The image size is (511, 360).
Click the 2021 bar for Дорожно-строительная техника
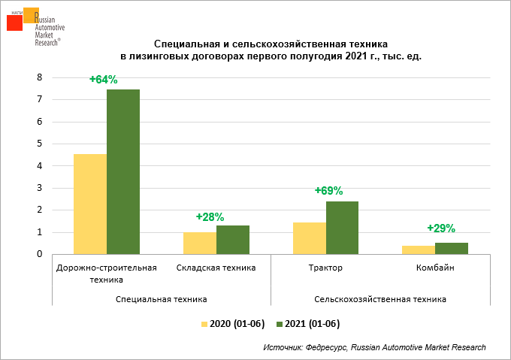click(x=122, y=171)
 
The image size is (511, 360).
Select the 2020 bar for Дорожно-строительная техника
click(x=89, y=204)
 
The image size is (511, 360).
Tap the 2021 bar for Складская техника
click(x=233, y=240)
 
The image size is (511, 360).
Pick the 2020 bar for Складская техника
click(x=200, y=243)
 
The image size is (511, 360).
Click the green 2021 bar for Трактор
click(x=342, y=228)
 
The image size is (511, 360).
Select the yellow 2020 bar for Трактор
click(x=309, y=238)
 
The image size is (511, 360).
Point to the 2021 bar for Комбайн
click(x=452, y=249)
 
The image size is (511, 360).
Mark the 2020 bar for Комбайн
click(x=419, y=250)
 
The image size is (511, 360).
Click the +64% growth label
click(x=103, y=79)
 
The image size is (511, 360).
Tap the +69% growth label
click(x=328, y=191)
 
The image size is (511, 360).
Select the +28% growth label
click(x=210, y=216)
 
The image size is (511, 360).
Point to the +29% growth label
click(x=441, y=228)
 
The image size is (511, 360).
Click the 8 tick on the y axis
click(x=40, y=77)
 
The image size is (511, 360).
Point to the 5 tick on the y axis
click(x=40, y=144)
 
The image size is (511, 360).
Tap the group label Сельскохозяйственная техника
click(x=379, y=299)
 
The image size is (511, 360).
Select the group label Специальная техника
click(x=162, y=299)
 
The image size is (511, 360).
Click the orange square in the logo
click(x=31, y=16)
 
